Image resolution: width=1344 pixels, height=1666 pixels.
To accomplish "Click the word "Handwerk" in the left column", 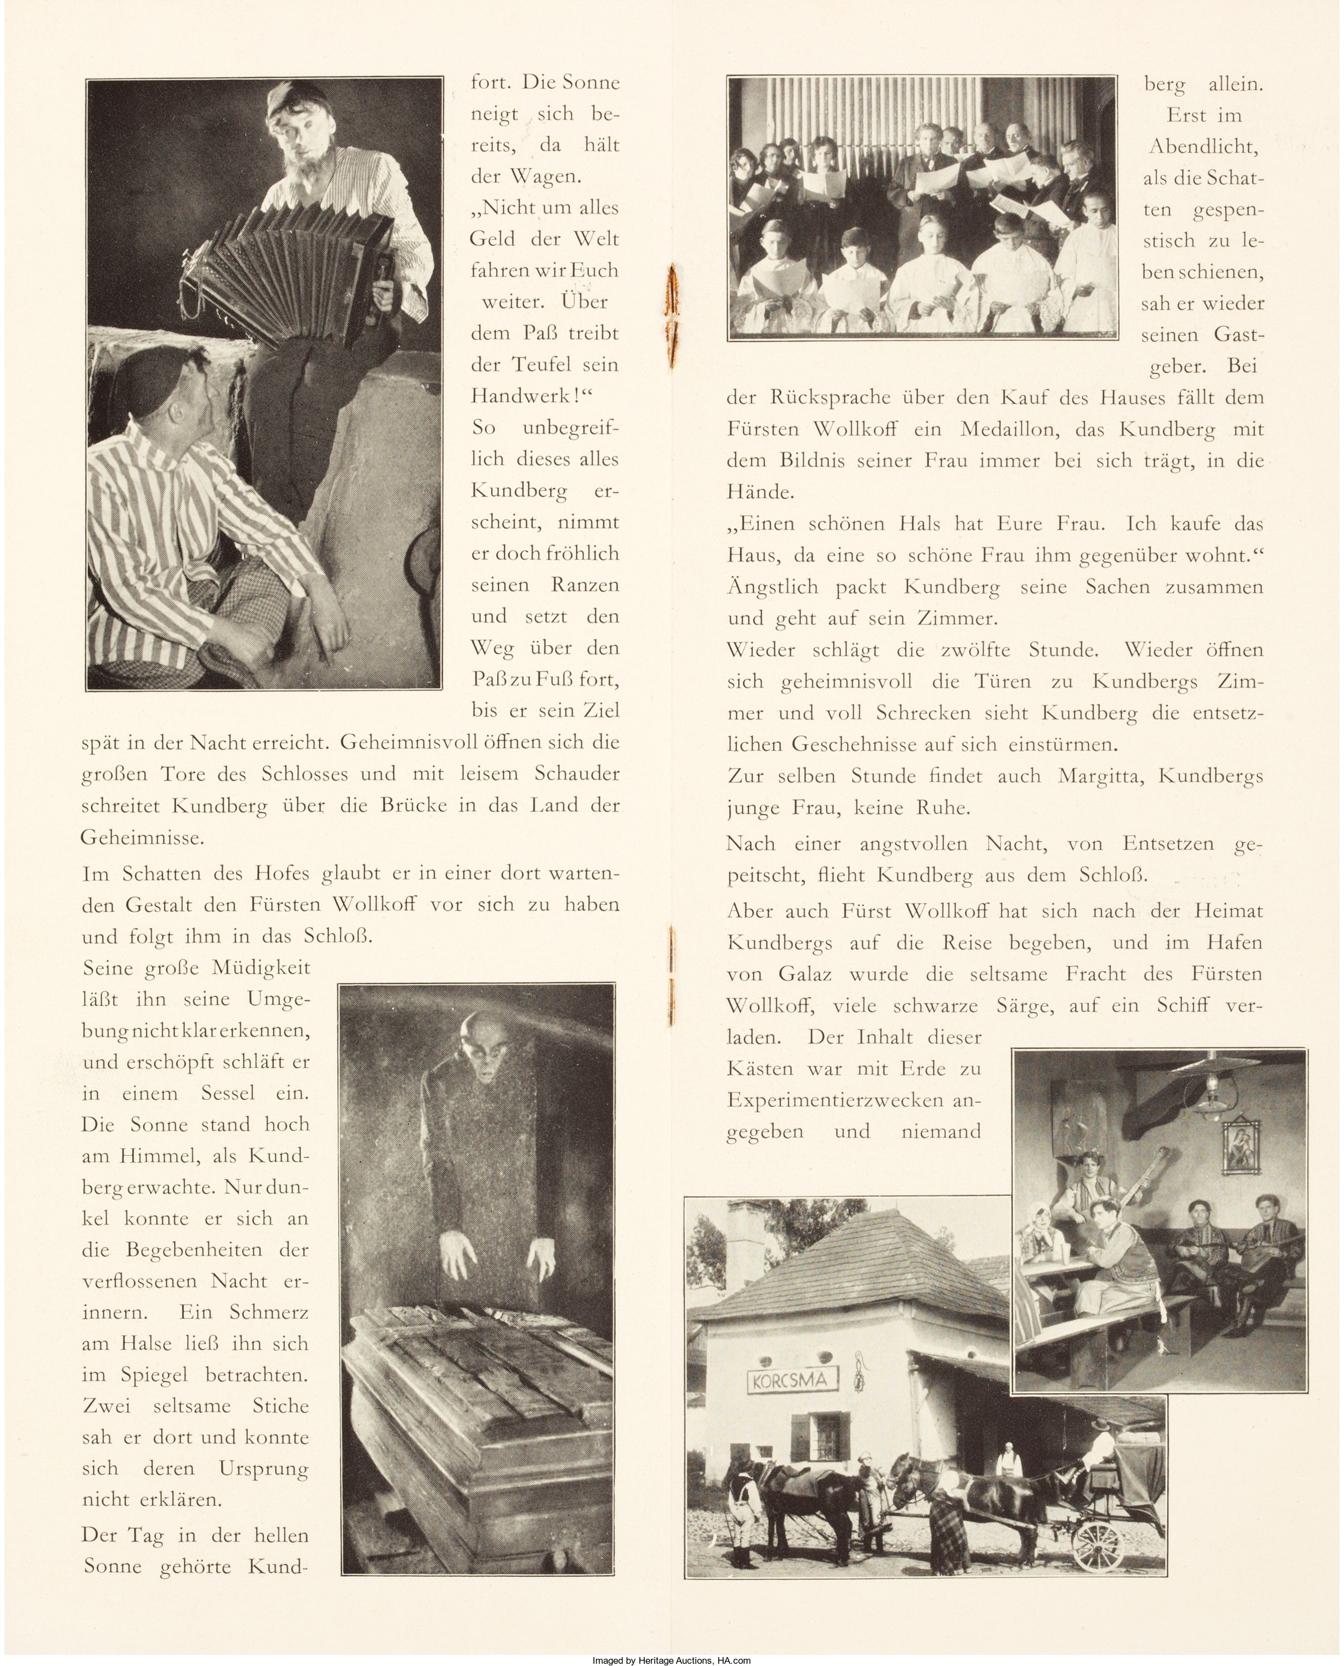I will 526,395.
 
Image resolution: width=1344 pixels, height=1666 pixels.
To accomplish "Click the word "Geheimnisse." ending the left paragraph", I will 142,837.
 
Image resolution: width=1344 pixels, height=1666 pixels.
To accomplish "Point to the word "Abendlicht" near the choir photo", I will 1202,146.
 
